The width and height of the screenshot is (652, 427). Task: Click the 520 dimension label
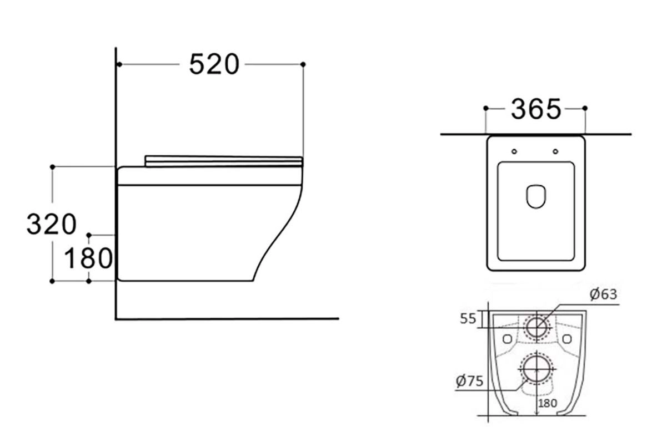coord(214,64)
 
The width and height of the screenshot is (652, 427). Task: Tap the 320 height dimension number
coord(52,224)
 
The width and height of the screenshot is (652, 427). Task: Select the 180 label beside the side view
coord(88,258)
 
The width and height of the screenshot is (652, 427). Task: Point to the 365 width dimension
coord(535,109)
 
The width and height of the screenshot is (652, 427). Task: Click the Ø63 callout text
coord(603,294)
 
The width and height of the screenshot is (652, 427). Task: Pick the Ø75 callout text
coord(469,380)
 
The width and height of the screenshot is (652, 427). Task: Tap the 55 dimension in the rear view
coord(468,319)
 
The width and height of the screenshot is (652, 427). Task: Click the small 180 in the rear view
coord(548,403)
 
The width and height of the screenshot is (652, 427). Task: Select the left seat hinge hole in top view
coord(514,151)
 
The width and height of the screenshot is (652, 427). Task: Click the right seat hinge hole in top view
coord(555,151)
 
